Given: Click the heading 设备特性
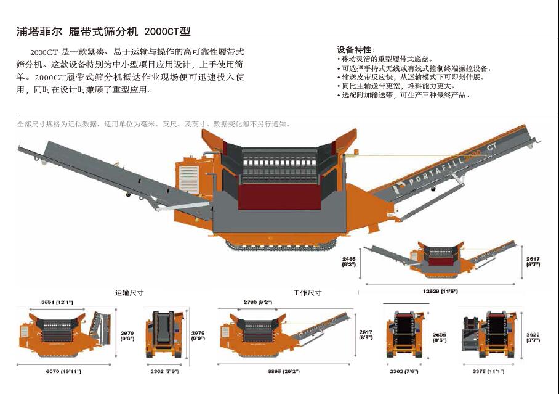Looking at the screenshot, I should coord(355,49).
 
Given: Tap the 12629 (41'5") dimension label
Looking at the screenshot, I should coord(440,290).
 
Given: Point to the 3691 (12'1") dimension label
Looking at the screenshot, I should coord(57,302).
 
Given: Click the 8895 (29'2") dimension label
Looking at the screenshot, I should coord(283,371).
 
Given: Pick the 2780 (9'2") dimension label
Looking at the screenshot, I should coord(257,302).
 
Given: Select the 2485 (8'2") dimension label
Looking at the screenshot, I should coord(349,261).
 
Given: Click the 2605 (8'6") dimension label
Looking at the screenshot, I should coord(440,337).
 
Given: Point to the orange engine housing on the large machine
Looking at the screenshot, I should coord(191,175).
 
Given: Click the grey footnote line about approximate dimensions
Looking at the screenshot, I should coord(154,124).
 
